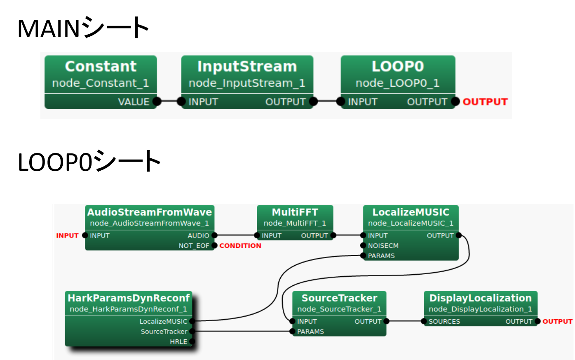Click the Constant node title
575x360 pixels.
[x=101, y=66]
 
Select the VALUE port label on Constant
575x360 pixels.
[x=134, y=102]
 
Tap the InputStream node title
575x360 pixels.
[x=247, y=66]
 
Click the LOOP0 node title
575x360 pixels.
[x=397, y=66]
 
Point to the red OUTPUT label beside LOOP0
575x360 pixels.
[x=485, y=102]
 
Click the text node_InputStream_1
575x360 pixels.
[x=247, y=83]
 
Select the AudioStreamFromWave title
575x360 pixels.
[x=149, y=212]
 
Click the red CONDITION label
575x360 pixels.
[x=240, y=246]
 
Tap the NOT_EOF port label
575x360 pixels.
[x=194, y=246]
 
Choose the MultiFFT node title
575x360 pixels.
[x=295, y=212]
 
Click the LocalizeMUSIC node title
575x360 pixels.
[x=411, y=212]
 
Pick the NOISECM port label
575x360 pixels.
[x=383, y=246]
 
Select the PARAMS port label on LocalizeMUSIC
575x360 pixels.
[x=381, y=256]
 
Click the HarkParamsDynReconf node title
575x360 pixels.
[x=129, y=298]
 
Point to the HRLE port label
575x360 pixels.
[x=178, y=342]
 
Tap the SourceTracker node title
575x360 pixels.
[x=339, y=298]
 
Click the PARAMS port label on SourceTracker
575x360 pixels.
[x=310, y=332]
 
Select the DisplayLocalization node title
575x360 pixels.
[x=480, y=298]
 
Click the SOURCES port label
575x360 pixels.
[x=444, y=322]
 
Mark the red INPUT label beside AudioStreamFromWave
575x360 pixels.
[x=67, y=236]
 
